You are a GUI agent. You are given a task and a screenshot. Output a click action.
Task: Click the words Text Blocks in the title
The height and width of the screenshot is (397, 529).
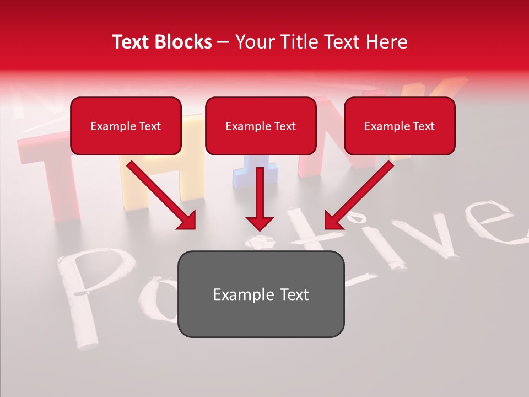[x=162, y=42]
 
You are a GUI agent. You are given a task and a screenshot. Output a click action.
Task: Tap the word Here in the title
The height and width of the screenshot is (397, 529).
[x=385, y=42]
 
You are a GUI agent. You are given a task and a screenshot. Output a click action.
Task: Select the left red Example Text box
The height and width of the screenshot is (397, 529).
[x=126, y=126]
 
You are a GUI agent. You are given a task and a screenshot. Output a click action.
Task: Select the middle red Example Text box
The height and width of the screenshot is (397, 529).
[x=261, y=126]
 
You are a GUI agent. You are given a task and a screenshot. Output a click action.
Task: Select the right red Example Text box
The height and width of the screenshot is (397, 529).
[x=400, y=126]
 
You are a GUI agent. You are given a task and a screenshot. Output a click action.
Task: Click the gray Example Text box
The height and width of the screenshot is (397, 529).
[x=261, y=294]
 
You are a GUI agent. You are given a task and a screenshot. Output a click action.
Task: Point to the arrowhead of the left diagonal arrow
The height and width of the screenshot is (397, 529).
[x=188, y=221]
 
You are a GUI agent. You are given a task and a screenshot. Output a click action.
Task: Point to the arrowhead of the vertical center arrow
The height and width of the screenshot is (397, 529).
[x=260, y=223]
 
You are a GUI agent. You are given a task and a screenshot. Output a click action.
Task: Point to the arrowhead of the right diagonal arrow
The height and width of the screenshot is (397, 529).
[x=332, y=221]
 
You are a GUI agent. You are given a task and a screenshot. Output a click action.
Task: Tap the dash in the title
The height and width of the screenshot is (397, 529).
[x=223, y=42]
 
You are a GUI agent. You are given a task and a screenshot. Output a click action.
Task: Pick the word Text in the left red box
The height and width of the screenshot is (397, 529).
[x=149, y=126]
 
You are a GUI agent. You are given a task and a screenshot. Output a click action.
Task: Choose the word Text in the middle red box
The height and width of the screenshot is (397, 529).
[x=284, y=126]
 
